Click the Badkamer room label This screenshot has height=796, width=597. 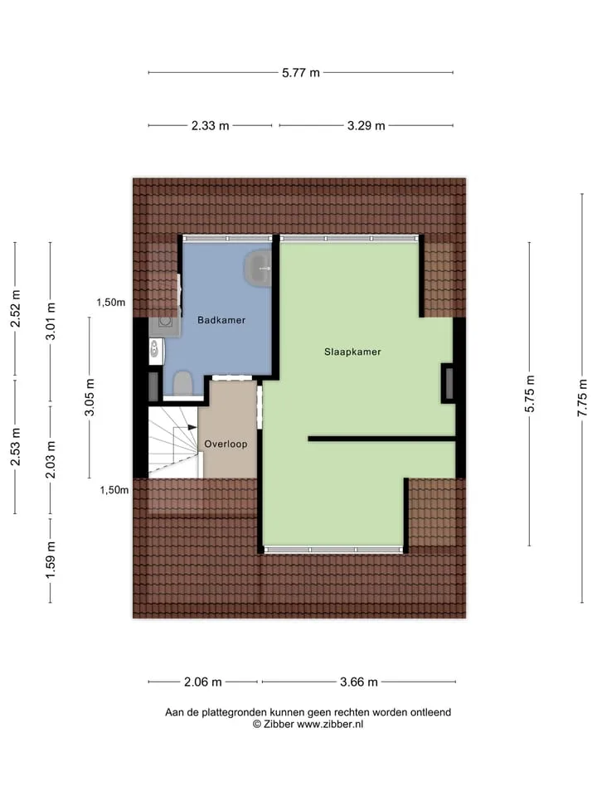click(x=221, y=320)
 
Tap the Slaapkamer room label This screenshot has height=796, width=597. click(x=353, y=352)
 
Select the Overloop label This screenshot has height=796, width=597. click(x=226, y=444)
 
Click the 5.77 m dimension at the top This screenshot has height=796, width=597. click(x=301, y=73)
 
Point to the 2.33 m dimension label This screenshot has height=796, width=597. click(x=210, y=125)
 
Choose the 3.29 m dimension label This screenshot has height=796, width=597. click(x=366, y=125)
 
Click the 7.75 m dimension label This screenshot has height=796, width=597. click(x=582, y=398)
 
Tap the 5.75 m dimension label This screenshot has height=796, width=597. click(x=530, y=394)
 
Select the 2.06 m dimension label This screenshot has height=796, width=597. click(x=202, y=682)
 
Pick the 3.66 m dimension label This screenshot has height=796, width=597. click(x=359, y=682)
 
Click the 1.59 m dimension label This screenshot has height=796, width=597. click(x=51, y=560)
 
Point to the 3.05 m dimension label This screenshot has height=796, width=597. click(x=90, y=397)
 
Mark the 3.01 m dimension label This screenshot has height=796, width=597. click(x=51, y=322)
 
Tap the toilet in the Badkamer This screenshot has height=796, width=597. click(x=182, y=383)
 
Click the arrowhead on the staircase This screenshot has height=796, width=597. click(x=192, y=428)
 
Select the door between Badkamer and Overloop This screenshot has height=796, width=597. click(x=231, y=378)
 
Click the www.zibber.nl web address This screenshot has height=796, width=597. click(x=330, y=725)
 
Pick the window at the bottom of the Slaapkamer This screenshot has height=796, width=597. click(x=333, y=550)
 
